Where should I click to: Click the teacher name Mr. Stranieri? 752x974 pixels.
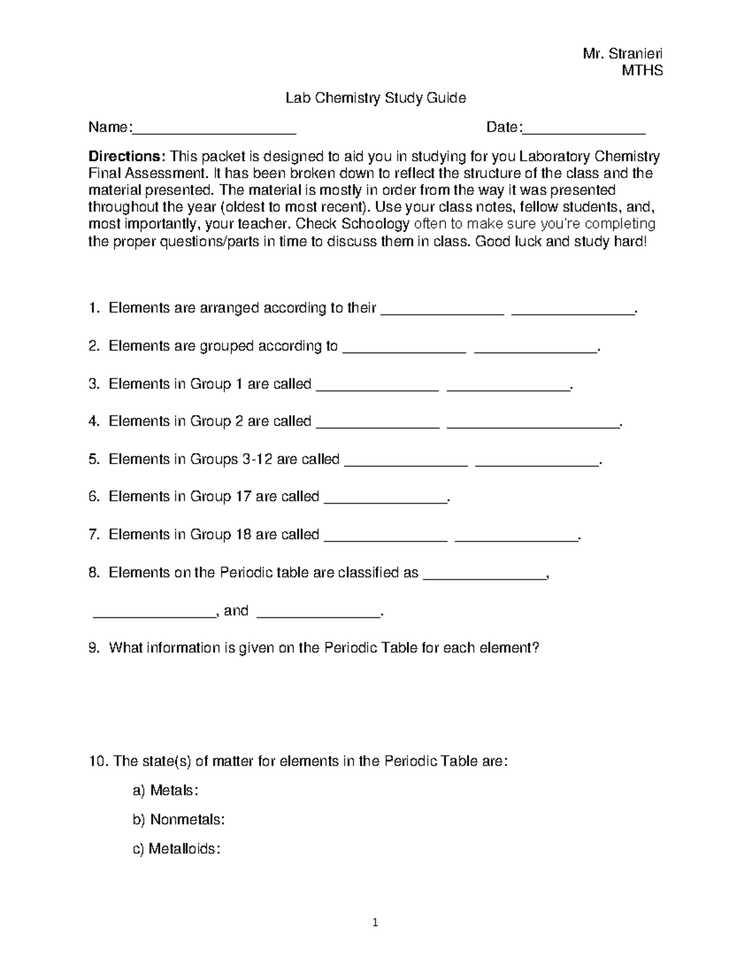coord(622,53)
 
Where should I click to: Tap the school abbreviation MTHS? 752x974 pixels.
coord(642,70)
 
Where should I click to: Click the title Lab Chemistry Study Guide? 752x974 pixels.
coord(375,98)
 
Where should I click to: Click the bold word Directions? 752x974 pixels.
coord(127,156)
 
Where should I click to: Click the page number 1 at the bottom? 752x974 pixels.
coord(375,922)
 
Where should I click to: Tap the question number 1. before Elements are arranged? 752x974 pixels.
coord(94,308)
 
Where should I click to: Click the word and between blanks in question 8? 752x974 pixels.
coord(236,610)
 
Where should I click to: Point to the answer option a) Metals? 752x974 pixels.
coord(165,790)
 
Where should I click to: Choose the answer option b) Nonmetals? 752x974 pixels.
coord(179,820)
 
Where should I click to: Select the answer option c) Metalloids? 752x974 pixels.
coord(177,849)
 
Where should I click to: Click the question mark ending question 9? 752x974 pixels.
coord(535,647)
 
